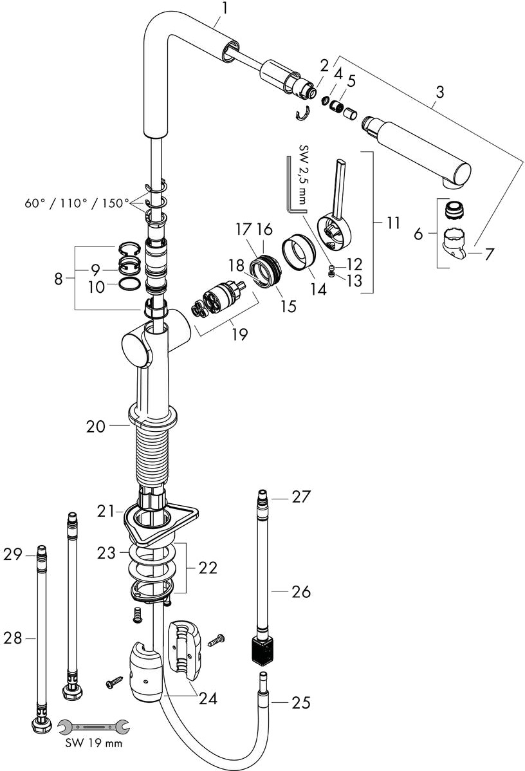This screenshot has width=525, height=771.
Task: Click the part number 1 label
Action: (x=225, y=9)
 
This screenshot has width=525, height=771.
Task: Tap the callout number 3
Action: (x=439, y=92)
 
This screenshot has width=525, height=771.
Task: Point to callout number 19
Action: (x=239, y=335)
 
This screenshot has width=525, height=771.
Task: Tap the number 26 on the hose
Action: (x=300, y=591)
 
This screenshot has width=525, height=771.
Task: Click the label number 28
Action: (x=13, y=638)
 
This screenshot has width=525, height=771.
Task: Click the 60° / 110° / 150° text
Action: (x=77, y=203)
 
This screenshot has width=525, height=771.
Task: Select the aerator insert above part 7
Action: (x=455, y=210)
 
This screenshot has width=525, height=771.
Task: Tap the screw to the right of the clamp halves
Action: (x=217, y=640)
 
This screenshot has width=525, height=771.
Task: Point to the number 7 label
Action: (x=489, y=254)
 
